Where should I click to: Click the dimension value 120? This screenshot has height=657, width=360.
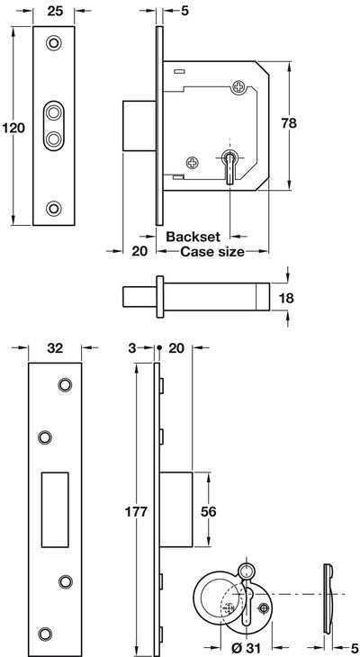point(13,128)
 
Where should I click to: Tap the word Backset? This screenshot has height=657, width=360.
point(193,237)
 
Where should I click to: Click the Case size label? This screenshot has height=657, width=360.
point(212,252)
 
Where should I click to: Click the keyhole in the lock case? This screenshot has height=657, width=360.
point(230,165)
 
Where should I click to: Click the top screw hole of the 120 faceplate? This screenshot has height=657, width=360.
point(55,43)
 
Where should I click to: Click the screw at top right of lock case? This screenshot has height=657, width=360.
point(238,87)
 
